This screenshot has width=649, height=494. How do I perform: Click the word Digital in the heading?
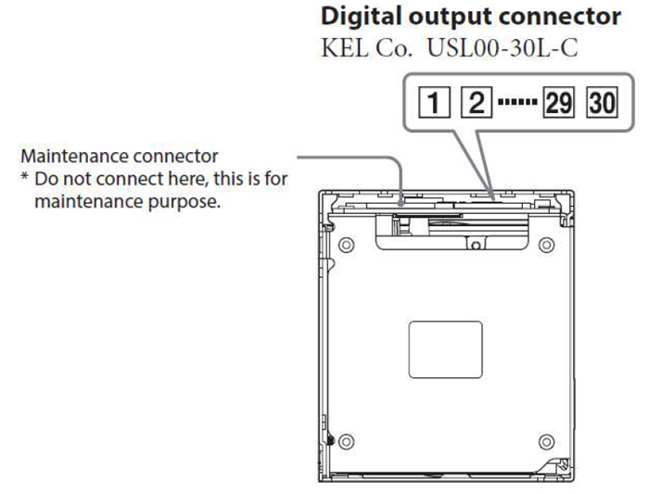pos(358,17)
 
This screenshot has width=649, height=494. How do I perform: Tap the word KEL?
pos(341,47)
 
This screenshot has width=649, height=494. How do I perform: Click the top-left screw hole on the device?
pos(346,246)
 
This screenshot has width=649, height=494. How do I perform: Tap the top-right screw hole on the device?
pos(547,246)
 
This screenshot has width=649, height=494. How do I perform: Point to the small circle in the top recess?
pos(473,246)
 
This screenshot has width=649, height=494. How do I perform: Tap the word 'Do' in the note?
pos(44,178)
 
